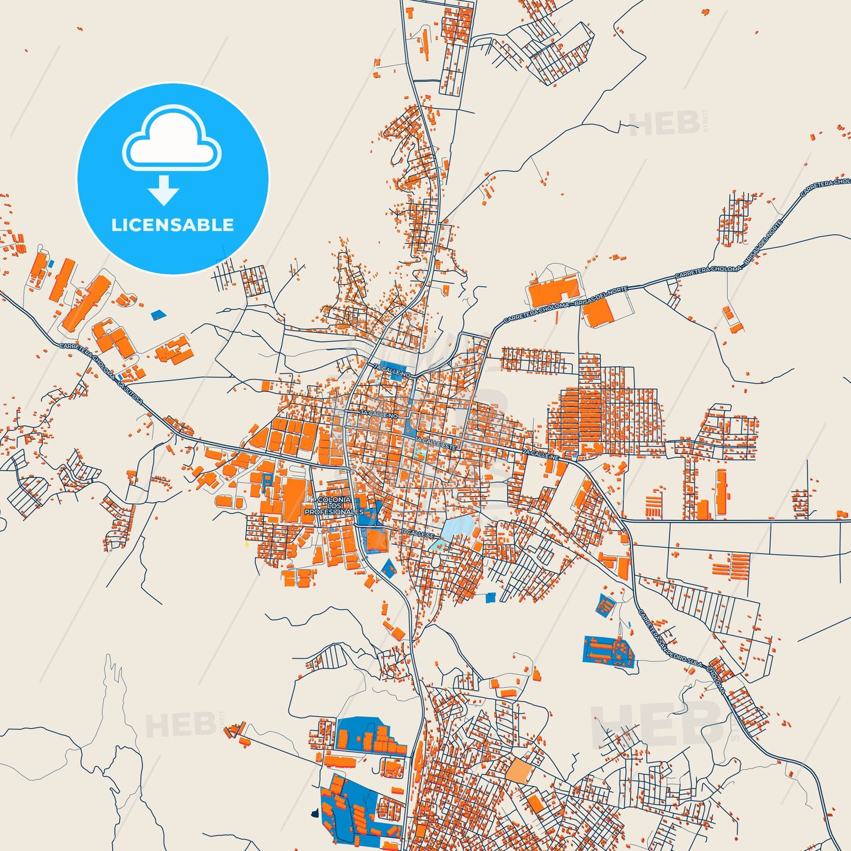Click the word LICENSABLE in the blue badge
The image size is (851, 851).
(x=173, y=225)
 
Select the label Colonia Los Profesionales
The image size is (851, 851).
(x=334, y=506)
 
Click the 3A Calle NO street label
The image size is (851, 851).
(x=379, y=414)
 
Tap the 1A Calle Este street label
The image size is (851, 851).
(x=436, y=443)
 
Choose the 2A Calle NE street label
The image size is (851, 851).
(x=540, y=454)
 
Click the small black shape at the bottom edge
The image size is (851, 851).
(x=314, y=814)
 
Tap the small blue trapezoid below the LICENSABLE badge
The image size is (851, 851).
(x=158, y=315)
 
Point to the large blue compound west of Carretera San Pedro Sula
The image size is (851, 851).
(x=608, y=651)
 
